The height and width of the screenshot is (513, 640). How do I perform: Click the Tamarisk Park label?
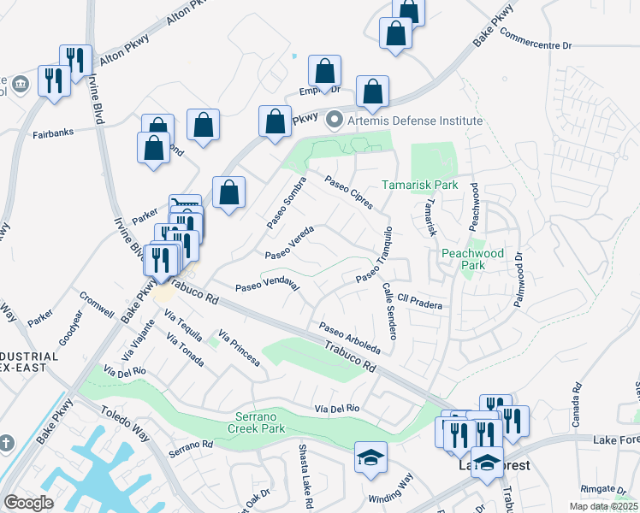pyautogui.click(x=419, y=185)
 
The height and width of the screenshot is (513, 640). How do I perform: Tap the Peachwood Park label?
pyautogui.click(x=471, y=259)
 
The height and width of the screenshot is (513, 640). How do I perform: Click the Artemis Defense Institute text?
pyautogui.click(x=414, y=120)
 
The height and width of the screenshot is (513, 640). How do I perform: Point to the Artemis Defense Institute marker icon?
pyautogui.click(x=335, y=120)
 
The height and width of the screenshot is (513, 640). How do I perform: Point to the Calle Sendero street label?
pyautogui.click(x=389, y=313)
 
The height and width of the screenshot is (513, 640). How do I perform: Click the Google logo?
pyautogui.click(x=29, y=503)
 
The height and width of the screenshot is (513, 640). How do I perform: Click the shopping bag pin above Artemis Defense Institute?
pyautogui.click(x=373, y=92)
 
